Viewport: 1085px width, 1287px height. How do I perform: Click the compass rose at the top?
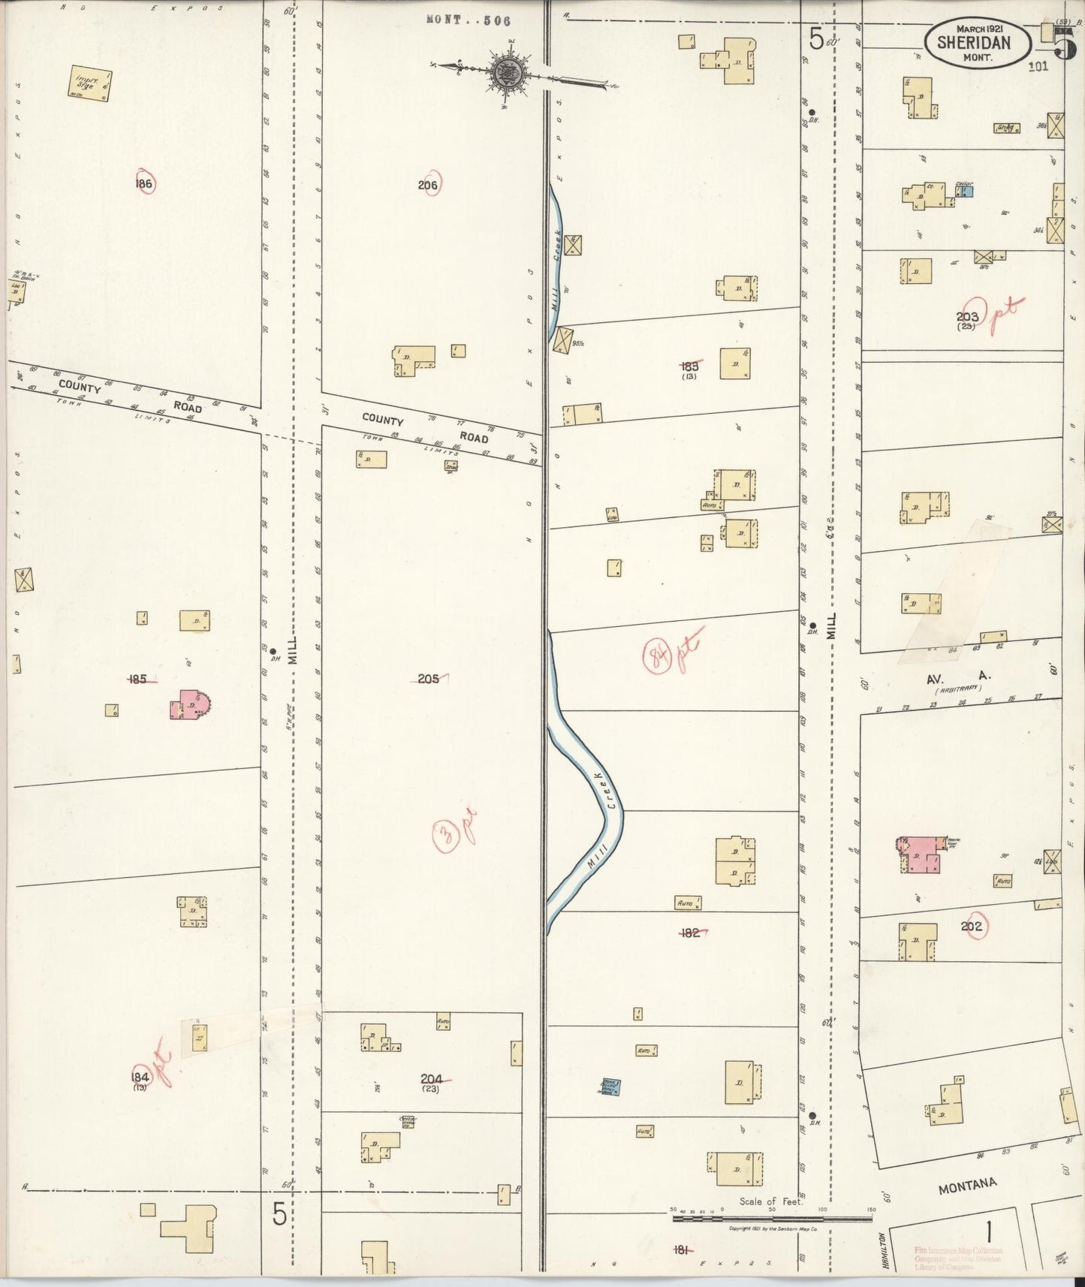[512, 73]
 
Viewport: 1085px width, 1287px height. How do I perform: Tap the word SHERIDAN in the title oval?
[974, 44]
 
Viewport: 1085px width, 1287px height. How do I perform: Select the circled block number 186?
[144, 184]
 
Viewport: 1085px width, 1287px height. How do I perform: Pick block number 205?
[429, 679]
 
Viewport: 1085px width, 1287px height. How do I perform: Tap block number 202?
[972, 927]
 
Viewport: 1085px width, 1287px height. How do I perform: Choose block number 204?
[431, 1079]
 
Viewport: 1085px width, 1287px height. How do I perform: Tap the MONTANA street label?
[967, 1186]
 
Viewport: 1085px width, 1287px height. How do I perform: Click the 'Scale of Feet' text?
[771, 1201]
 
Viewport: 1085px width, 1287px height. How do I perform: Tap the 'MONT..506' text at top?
[468, 20]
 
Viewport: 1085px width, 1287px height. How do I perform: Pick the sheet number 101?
[1038, 66]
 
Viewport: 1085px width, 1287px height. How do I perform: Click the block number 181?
[682, 1249]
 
